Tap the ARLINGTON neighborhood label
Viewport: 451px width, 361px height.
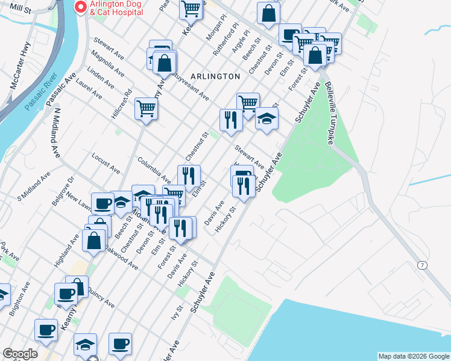[215, 76]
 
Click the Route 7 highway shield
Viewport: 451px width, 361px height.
[422, 265]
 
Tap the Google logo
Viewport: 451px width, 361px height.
[19, 354]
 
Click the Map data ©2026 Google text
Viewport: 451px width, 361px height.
[414, 356]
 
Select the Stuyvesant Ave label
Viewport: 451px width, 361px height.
[189, 86]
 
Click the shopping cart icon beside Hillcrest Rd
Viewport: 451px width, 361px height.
[146, 109]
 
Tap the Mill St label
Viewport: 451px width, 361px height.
[20, 8]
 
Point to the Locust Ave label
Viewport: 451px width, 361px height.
[106, 163]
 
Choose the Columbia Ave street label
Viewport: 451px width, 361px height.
[154, 170]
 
